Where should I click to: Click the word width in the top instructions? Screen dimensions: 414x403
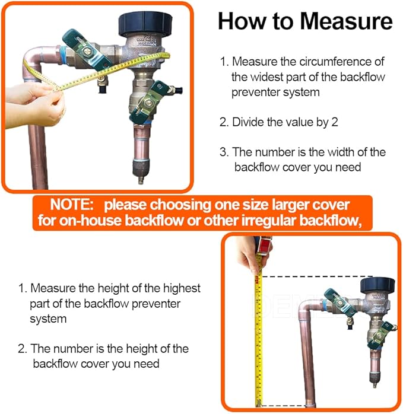(x=351, y=152)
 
